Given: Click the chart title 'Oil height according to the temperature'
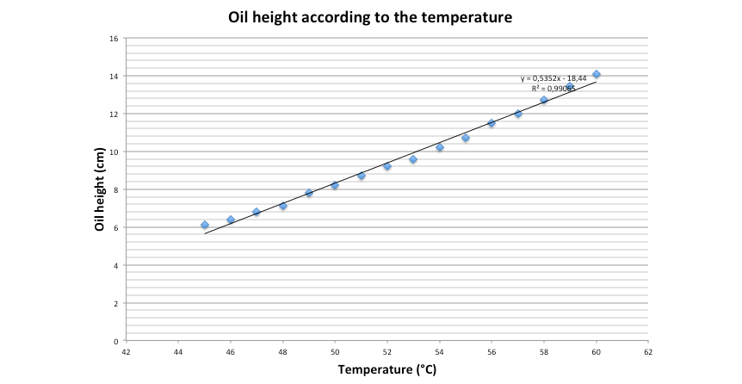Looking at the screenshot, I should (x=371, y=16).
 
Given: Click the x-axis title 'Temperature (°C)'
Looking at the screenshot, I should (x=386, y=370).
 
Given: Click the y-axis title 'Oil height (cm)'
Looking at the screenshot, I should (x=100, y=189).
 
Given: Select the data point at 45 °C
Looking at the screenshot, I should (x=205, y=225).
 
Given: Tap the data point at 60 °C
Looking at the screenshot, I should (x=597, y=74).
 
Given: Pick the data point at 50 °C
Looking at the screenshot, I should (x=335, y=185).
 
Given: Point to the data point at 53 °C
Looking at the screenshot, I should (x=413, y=159).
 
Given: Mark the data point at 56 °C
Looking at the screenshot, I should (x=492, y=123).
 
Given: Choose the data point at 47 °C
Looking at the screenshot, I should (x=257, y=212).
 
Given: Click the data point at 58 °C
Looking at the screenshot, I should (x=544, y=100).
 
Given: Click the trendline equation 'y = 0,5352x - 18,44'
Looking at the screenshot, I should (x=553, y=78).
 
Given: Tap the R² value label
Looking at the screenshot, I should (x=553, y=88).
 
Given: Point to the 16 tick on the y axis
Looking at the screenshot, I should (x=114, y=38).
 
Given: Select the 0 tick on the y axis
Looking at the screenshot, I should (x=116, y=341).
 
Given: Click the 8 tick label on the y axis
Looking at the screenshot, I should (x=116, y=189).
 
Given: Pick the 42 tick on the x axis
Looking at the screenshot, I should (x=127, y=352).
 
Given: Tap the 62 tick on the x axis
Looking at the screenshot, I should (x=648, y=352).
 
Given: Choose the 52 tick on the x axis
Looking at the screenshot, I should (x=387, y=352).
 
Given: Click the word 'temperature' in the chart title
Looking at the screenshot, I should (x=467, y=16).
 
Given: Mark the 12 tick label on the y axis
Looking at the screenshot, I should (x=114, y=114).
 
